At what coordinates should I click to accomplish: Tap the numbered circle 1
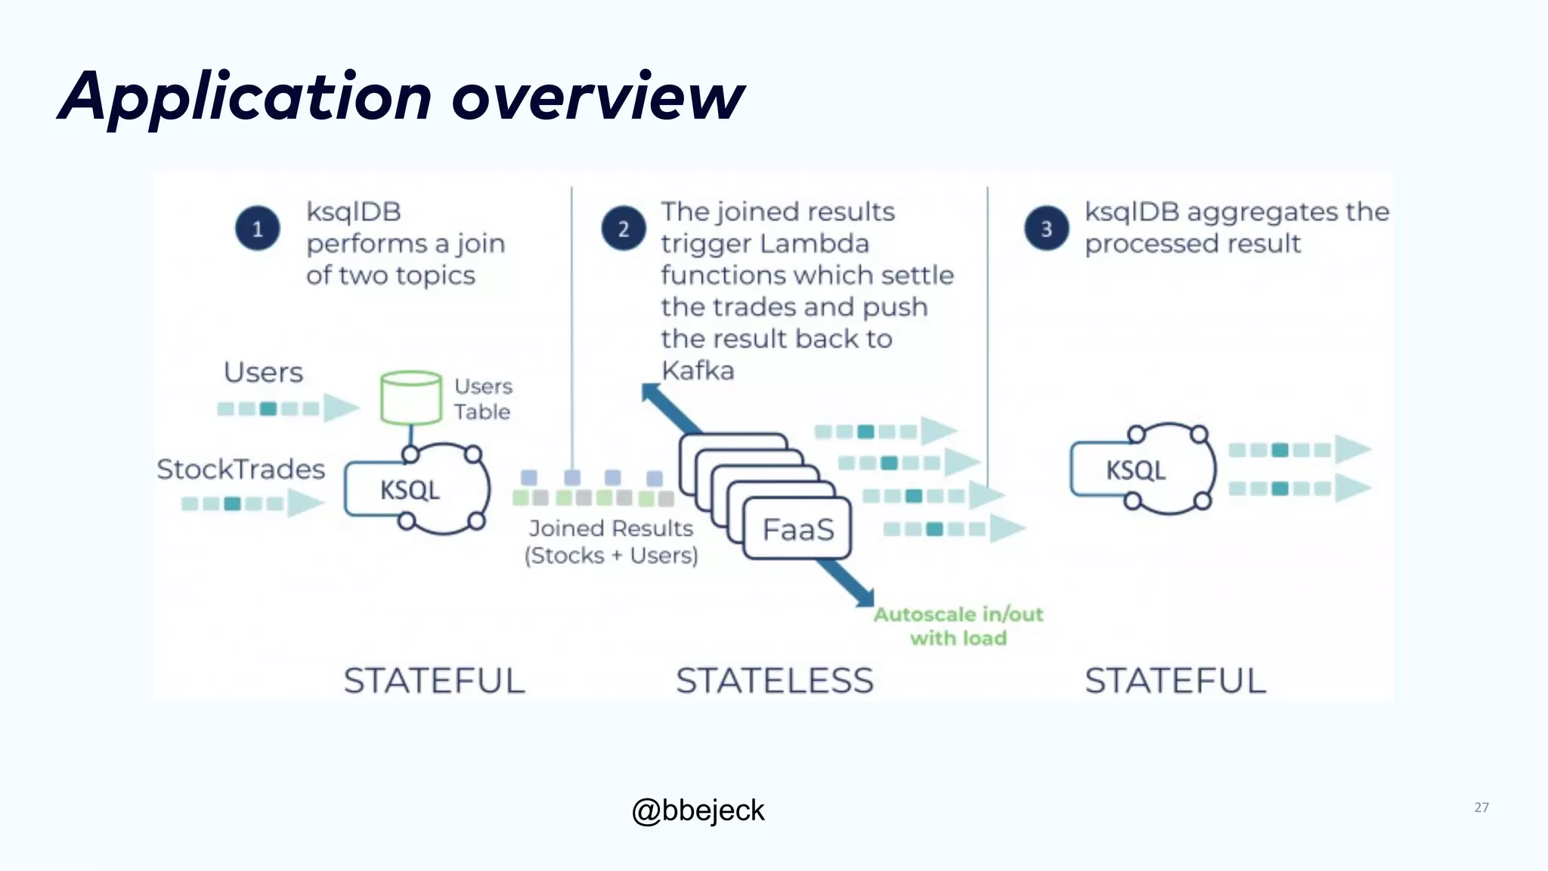[x=258, y=228]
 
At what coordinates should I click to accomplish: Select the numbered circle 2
[x=624, y=228]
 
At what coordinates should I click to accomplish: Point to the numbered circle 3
[x=1047, y=228]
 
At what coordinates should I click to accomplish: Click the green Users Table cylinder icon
[x=411, y=398]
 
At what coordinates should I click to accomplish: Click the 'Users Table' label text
[x=483, y=399]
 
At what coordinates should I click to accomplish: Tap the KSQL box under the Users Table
[x=409, y=490]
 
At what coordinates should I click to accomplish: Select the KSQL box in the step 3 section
[x=1135, y=470]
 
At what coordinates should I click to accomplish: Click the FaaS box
[x=797, y=529]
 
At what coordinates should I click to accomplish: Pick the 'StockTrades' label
[x=240, y=470]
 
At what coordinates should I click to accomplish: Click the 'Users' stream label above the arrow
[x=263, y=373]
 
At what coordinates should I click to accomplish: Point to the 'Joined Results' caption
[x=611, y=528]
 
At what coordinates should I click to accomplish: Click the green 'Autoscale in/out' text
[x=958, y=615]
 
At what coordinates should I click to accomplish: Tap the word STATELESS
[x=775, y=680]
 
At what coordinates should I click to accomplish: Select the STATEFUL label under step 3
[x=1175, y=680]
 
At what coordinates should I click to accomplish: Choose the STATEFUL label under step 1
[x=435, y=680]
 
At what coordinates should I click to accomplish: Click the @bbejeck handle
[x=698, y=811]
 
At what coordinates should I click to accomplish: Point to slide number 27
[x=1481, y=807]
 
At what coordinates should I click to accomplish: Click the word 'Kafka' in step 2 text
[x=698, y=371]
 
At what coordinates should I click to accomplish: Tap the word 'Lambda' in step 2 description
[x=813, y=244]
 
